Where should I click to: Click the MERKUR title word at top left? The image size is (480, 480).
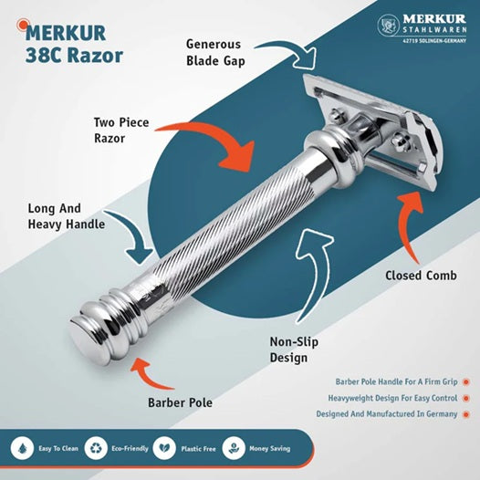pos(67,34)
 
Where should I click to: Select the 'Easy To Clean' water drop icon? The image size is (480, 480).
pos(21,450)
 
